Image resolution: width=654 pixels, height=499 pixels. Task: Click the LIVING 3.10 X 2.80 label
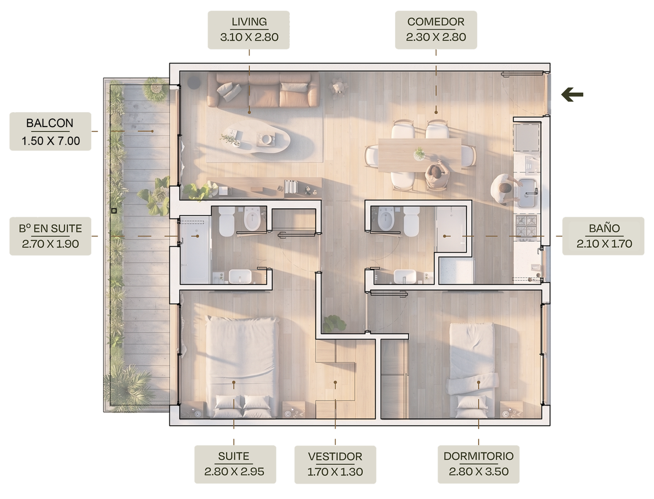click(x=249, y=30)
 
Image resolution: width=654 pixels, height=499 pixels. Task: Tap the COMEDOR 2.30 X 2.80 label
click(x=436, y=30)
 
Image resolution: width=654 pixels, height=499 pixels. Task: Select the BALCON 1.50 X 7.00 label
click(x=50, y=131)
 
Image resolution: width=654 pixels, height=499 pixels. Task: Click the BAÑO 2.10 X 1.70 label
click(x=603, y=236)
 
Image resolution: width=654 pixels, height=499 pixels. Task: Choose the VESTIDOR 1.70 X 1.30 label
click(x=335, y=464)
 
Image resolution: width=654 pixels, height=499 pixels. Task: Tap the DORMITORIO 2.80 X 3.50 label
click(x=479, y=464)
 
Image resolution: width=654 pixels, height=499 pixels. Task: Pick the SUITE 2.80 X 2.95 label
click(x=235, y=464)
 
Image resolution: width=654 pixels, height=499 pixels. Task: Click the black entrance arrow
click(x=572, y=95)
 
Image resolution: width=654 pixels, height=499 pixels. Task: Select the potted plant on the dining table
click(x=420, y=153)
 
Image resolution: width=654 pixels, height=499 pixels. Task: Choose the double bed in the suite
click(x=242, y=367)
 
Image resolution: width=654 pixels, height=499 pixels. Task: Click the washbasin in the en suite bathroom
click(x=240, y=276)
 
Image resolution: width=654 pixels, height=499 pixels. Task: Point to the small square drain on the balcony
click(x=114, y=211)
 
